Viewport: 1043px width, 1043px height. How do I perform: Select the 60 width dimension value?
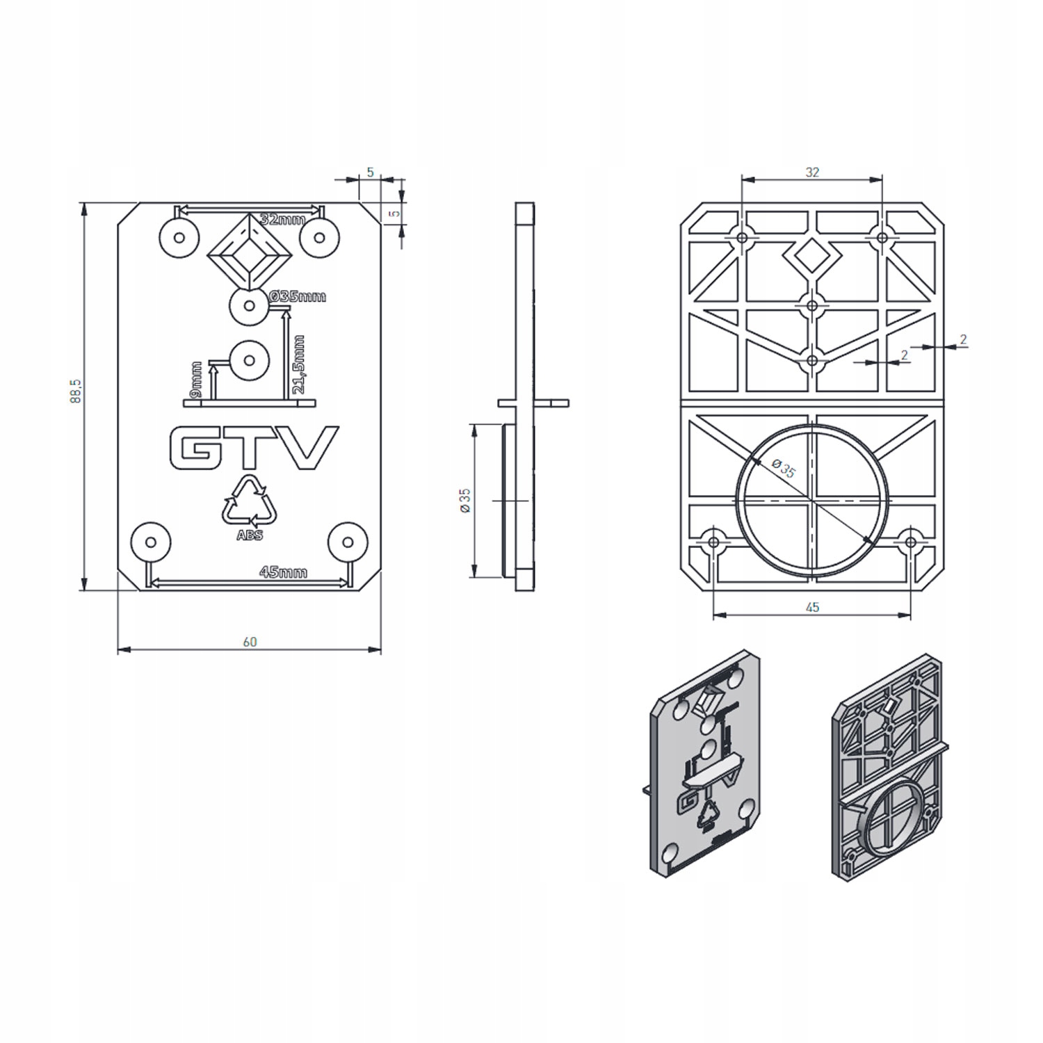(250, 642)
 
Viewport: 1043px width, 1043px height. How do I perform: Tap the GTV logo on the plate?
(254, 448)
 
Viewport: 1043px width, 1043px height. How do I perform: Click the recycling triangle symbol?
(249, 501)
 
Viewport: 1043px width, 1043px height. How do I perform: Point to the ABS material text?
(250, 536)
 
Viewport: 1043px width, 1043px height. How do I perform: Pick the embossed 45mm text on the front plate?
(283, 573)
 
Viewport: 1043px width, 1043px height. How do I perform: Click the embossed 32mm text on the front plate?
(282, 220)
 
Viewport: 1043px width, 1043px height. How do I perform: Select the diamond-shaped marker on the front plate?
(249, 254)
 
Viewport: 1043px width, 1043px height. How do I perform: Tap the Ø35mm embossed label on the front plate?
(298, 297)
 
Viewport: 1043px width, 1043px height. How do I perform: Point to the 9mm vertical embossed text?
(196, 378)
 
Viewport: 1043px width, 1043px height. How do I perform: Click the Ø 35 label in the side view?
(465, 501)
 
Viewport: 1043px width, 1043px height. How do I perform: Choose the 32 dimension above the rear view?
(812, 172)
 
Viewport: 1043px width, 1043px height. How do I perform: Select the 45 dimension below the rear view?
(812, 607)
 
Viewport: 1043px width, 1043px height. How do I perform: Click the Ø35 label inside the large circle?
(786, 471)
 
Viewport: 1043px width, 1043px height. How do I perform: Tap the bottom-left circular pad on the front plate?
(152, 540)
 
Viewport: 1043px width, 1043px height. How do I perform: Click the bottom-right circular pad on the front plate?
(348, 540)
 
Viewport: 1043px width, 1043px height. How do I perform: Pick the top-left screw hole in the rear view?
(742, 238)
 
